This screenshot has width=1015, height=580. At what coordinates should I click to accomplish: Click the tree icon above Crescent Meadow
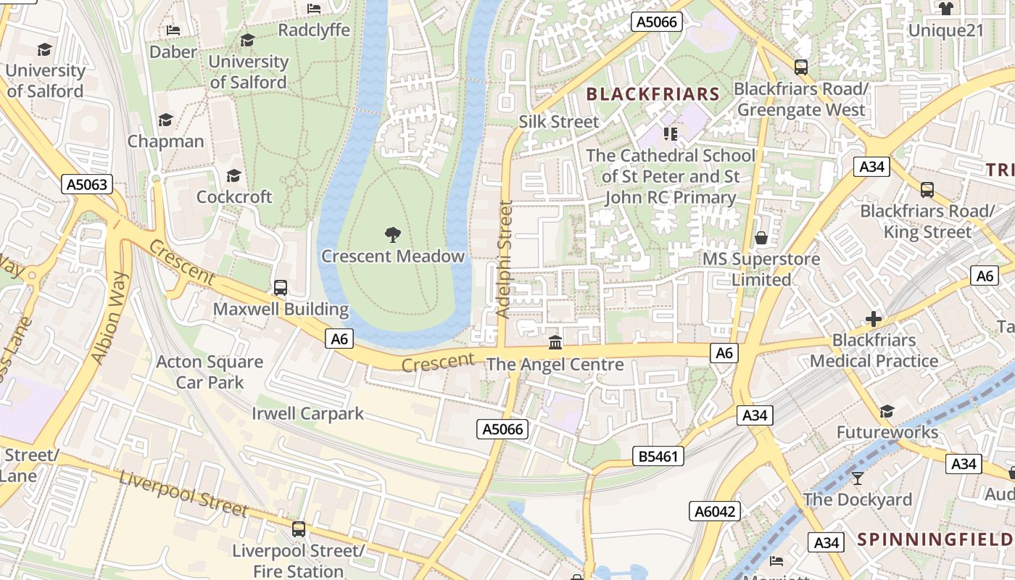(x=392, y=234)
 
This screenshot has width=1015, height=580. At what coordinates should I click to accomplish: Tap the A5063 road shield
(x=87, y=184)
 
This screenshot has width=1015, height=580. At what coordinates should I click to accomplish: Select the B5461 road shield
(x=658, y=456)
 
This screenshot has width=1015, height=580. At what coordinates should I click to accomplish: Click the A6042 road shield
(x=715, y=511)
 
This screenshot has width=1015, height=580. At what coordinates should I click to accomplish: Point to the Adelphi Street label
(x=505, y=260)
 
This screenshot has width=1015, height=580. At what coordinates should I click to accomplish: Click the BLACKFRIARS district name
(x=652, y=94)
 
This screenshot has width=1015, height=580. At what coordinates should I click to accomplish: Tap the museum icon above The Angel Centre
(x=555, y=342)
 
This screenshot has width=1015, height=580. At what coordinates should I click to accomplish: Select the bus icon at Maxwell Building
(x=281, y=287)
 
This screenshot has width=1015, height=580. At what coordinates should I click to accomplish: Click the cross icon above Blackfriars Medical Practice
(x=874, y=318)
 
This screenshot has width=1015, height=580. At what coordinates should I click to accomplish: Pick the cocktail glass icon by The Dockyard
(x=858, y=478)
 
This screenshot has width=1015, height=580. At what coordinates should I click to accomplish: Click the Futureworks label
(x=887, y=433)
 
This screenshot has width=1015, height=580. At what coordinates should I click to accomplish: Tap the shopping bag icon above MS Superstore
(x=761, y=237)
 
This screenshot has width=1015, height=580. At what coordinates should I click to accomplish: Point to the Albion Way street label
(x=110, y=318)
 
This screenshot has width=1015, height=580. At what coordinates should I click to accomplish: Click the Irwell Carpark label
(x=307, y=414)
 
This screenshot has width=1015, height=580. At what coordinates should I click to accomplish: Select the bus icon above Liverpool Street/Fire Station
(x=298, y=529)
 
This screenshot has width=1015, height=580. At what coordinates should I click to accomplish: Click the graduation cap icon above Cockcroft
(x=233, y=175)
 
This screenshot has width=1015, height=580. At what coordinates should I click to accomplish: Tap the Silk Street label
(x=559, y=122)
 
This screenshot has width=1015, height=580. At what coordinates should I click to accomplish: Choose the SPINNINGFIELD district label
(x=935, y=539)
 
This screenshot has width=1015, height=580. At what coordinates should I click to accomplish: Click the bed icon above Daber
(x=173, y=30)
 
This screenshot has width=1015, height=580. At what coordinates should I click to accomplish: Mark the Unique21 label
(x=946, y=30)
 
